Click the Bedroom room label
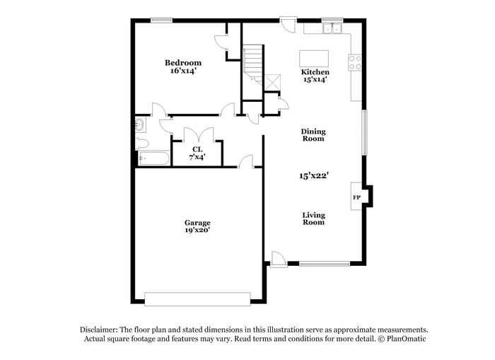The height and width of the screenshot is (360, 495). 183,63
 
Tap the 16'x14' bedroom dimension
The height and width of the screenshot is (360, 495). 183,71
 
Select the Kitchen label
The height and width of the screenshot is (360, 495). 315,72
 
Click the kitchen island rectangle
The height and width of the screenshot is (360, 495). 314,59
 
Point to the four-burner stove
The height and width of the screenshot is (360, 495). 355,62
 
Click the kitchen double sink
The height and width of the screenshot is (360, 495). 332,29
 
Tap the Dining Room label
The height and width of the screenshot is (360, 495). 313,135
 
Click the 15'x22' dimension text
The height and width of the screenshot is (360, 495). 314,175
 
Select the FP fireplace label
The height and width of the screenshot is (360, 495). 356,197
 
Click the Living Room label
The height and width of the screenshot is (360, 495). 313,219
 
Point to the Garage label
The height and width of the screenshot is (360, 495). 197,223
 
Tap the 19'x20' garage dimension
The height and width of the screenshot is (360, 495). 197,230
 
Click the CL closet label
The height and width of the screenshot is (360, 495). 197,149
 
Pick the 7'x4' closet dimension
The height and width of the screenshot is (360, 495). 197,156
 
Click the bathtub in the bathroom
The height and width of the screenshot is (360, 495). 154,158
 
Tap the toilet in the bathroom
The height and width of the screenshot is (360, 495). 142,144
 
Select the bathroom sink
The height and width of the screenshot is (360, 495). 140,124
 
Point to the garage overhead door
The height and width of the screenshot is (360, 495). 197,299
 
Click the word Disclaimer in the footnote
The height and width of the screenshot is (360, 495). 99,330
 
